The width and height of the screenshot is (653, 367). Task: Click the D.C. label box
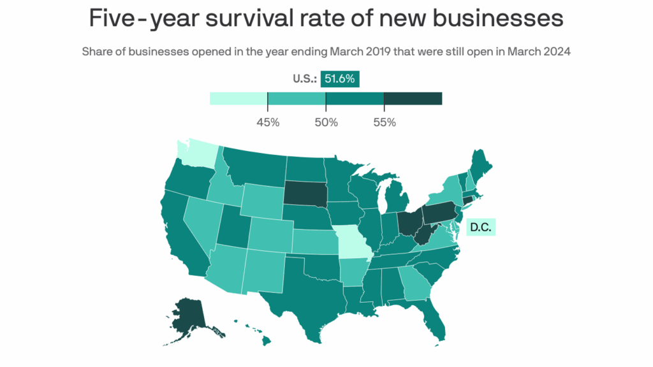point(481,227)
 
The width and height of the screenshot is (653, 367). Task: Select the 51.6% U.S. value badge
point(341,79)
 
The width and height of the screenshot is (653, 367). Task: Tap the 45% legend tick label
point(268,122)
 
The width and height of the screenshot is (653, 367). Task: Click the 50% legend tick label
point(326,122)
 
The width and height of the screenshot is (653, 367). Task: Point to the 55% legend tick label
point(384,122)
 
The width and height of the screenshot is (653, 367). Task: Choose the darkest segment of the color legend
point(413,98)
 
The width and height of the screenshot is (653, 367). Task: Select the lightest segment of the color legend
point(238,98)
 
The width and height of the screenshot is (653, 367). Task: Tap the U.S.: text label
point(304,80)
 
